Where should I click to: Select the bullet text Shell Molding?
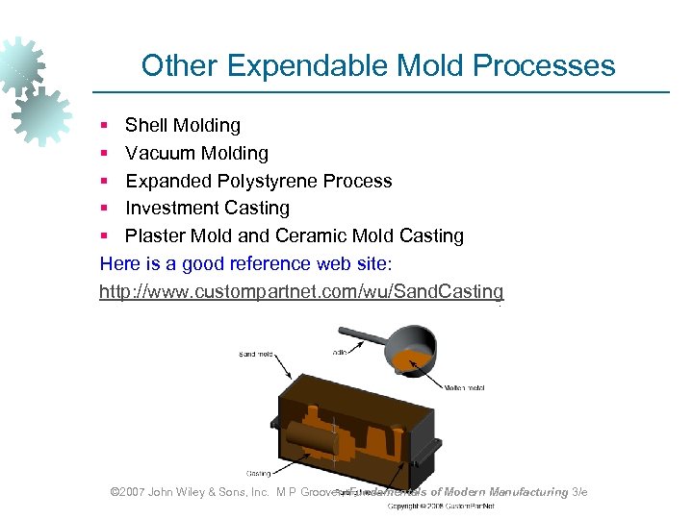point(183,125)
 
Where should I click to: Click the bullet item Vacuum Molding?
point(196,153)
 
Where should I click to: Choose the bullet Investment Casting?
point(207,208)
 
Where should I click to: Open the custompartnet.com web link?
point(301,291)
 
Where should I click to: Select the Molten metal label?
point(465,387)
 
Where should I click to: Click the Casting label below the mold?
point(258,473)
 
